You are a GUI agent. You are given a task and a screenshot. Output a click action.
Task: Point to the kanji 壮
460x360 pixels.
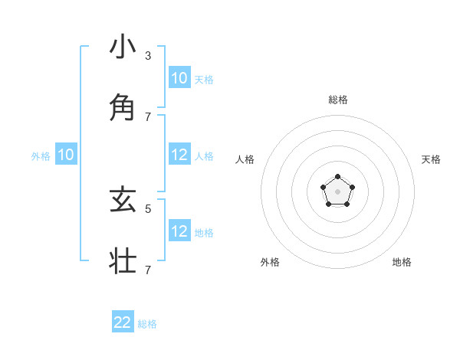(x=123, y=260)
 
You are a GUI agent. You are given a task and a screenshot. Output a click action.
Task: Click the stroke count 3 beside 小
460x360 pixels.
(x=148, y=55)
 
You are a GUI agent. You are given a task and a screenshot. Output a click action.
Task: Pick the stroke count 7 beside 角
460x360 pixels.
(x=148, y=116)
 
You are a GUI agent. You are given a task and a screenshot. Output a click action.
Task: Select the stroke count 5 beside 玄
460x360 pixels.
(x=148, y=208)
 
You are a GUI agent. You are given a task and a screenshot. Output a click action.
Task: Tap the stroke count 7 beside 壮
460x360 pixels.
(x=148, y=270)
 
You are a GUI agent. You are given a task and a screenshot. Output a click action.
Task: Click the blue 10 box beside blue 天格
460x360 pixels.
(x=179, y=78)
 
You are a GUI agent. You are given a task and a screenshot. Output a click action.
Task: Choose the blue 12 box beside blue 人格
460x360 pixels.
(x=179, y=155)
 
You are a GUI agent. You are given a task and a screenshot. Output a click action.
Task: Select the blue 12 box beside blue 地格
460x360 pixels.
(x=179, y=231)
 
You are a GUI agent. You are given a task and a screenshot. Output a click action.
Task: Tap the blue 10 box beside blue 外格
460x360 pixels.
(x=66, y=155)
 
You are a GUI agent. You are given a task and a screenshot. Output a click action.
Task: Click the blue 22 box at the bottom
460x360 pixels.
(x=123, y=322)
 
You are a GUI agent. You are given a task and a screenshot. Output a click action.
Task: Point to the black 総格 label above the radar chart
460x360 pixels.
(x=338, y=100)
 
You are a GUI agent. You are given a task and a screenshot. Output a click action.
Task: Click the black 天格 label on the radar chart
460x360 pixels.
(x=432, y=159)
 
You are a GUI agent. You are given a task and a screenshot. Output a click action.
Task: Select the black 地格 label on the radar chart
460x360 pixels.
(x=402, y=262)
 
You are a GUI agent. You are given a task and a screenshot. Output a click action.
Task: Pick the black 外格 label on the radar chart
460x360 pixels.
(x=270, y=262)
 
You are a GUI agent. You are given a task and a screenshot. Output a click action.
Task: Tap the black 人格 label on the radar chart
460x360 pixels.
(x=245, y=159)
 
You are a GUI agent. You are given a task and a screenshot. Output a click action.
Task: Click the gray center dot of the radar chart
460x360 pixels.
(x=337, y=191)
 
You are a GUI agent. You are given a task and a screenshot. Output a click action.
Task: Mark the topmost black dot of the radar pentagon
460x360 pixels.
(x=337, y=177)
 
